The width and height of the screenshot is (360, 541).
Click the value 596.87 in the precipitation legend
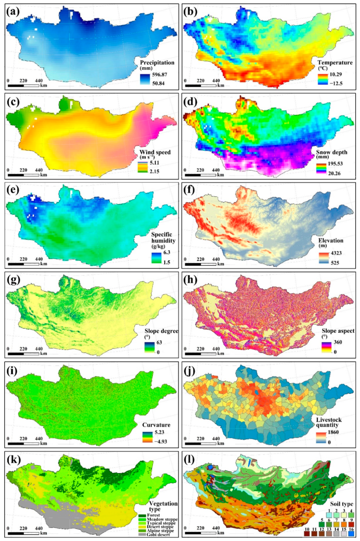160,75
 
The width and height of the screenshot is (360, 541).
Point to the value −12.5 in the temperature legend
335,84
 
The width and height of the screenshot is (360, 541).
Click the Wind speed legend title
155,152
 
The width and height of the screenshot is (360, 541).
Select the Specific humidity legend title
163,238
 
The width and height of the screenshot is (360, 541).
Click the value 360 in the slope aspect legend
337,342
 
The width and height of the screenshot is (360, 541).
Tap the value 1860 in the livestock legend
333,432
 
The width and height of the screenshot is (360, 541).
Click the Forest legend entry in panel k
153,515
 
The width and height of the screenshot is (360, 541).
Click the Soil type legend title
341,504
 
